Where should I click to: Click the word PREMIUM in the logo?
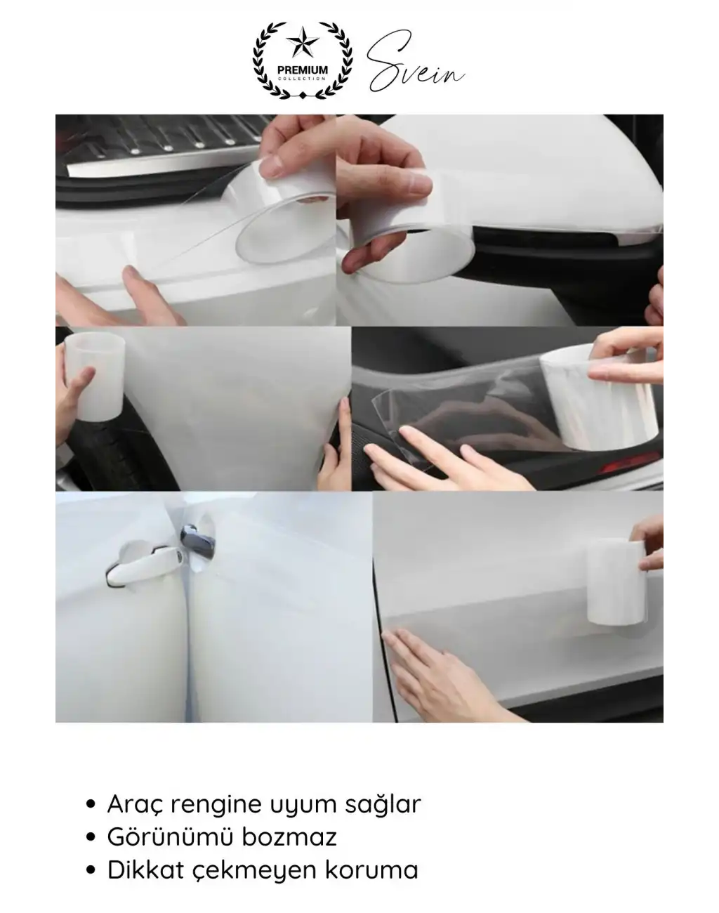303,70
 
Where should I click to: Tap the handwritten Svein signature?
415,62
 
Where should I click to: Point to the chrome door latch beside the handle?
197,544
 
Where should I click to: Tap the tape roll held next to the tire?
95,376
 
